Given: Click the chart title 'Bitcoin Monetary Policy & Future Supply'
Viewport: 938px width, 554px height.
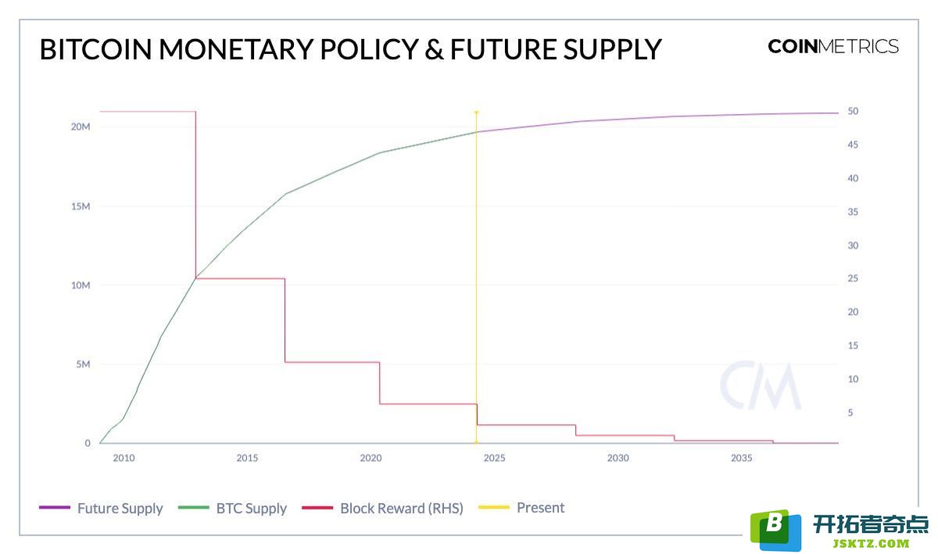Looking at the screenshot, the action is pos(350,49).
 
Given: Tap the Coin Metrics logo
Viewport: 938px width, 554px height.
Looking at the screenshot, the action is pos(833,46).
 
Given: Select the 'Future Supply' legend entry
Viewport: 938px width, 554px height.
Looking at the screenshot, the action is pos(101,508).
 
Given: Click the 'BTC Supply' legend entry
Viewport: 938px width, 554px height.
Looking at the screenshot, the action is pos(232,508).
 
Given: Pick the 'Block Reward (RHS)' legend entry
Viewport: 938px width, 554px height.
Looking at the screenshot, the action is pos(382,508).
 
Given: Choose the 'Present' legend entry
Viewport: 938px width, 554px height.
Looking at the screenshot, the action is pos(521,508).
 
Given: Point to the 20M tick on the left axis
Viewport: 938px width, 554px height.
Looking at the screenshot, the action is pos(81,127).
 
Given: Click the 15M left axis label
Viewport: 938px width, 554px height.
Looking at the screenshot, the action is pos(81,206).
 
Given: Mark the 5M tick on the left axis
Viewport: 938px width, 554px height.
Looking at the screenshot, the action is pos(83,364).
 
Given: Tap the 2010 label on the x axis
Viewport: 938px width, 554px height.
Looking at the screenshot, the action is pos(124,458).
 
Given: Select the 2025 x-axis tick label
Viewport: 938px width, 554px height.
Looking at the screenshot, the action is pos(495,458).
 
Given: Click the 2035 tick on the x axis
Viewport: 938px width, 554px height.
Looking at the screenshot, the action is pos(742,458).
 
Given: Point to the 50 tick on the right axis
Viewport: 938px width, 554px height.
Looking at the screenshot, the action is pos(853,112).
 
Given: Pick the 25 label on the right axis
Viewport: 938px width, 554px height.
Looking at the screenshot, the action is pos(853,278).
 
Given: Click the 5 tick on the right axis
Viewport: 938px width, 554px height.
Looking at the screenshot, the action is pos(850,413).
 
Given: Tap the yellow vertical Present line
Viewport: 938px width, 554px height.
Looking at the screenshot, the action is pos(477,277).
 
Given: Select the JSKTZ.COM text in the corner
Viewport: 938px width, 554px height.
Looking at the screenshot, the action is pos(872,544).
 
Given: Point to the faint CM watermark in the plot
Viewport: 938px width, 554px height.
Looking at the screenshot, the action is pos(760,385).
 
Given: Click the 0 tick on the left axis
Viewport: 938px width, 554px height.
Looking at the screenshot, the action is pos(88,443).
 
